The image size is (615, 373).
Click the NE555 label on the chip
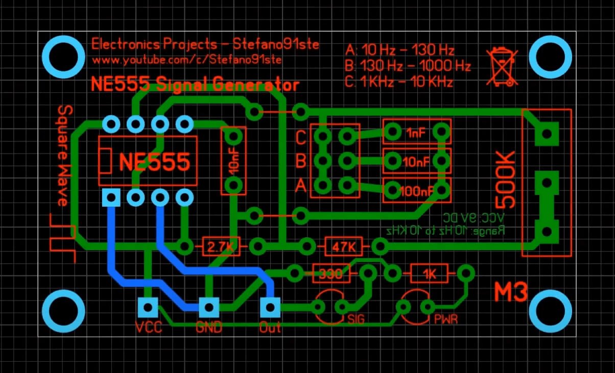154,162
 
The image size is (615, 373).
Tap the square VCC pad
148,307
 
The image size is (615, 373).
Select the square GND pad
208,307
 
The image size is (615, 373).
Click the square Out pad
270,307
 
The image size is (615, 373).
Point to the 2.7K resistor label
221,247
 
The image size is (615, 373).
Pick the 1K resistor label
429,274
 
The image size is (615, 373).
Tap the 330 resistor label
331,274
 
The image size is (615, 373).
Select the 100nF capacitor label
416,191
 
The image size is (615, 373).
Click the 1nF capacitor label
416,133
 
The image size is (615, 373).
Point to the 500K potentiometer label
506,179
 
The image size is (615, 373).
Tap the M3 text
510,292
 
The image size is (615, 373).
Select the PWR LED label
445,320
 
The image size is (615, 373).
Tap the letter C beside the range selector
301,137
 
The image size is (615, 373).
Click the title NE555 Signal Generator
194,84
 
